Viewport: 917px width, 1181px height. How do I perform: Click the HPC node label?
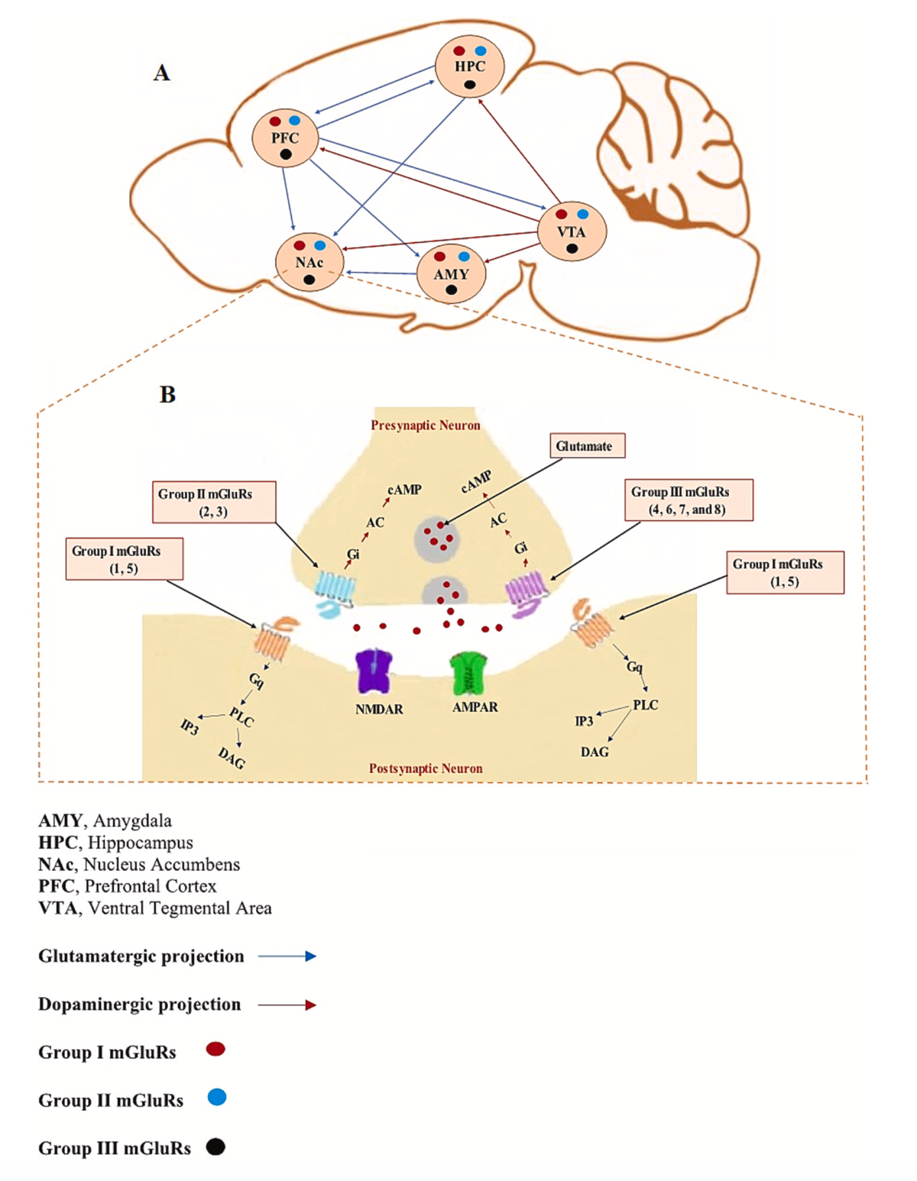pyautogui.click(x=469, y=66)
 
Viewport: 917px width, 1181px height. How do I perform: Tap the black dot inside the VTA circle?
pyautogui.click(x=572, y=249)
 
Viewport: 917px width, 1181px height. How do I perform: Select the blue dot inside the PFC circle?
pyautogui.click(x=295, y=121)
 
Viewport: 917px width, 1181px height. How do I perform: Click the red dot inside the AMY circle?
pyautogui.click(x=439, y=257)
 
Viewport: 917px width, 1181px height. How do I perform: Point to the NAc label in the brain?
pyautogui.click(x=309, y=262)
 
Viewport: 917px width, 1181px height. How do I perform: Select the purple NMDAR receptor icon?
pyautogui.click(x=374, y=671)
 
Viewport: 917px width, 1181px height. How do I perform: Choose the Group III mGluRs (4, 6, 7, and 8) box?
pyautogui.click(x=689, y=500)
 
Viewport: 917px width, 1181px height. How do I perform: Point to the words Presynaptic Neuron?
pyautogui.click(x=426, y=425)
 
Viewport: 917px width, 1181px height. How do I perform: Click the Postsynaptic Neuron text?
pyautogui.click(x=426, y=768)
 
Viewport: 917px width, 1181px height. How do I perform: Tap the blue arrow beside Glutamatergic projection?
pyautogui.click(x=287, y=956)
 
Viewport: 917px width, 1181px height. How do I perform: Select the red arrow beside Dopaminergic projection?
pyautogui.click(x=287, y=1005)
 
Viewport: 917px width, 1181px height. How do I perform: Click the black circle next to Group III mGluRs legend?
pyautogui.click(x=216, y=1147)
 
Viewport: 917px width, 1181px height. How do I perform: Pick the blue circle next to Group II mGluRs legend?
pyautogui.click(x=217, y=1098)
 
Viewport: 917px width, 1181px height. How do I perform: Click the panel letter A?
pyautogui.click(x=161, y=73)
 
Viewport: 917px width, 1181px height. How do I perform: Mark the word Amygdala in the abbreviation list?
pyautogui.click(x=132, y=821)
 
